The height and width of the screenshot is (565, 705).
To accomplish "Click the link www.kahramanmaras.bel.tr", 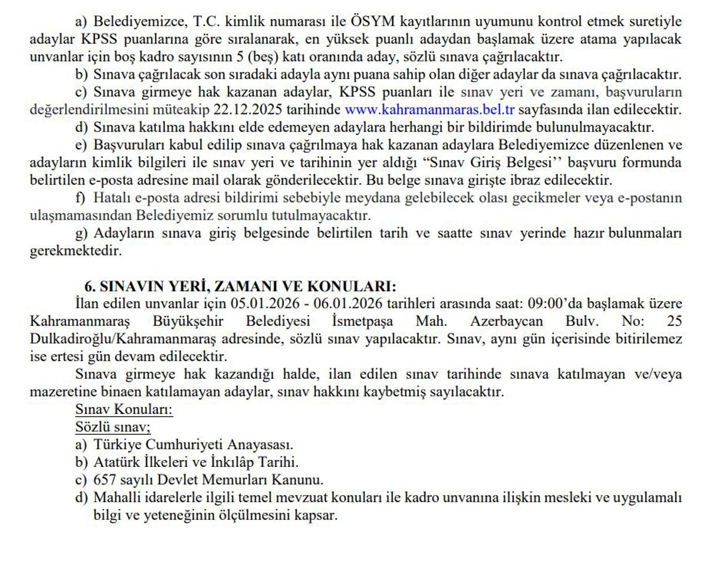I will click(x=429, y=109).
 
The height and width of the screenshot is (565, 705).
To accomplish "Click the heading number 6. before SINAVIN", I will click(x=90, y=287).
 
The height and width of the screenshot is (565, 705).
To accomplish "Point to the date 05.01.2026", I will click(x=264, y=304).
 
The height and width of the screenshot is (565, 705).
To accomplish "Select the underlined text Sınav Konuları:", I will click(x=124, y=409).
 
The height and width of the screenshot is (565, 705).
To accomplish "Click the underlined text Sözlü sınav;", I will click(x=113, y=427).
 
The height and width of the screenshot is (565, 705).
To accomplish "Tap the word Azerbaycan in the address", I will click(x=506, y=322).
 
